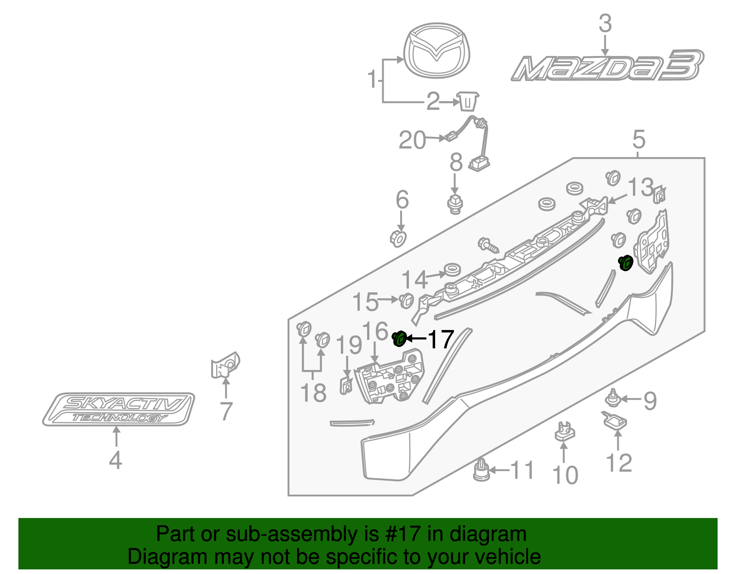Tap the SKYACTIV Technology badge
(119, 409)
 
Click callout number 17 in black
(441, 340)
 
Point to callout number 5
(639, 139)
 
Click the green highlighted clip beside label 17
(399, 339)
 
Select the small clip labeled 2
(467, 101)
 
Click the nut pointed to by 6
(398, 239)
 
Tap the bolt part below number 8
(455, 204)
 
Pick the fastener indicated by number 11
(481, 471)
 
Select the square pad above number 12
(615, 421)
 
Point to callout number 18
(313, 393)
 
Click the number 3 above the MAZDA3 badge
(605, 23)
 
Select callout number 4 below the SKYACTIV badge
(115, 460)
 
